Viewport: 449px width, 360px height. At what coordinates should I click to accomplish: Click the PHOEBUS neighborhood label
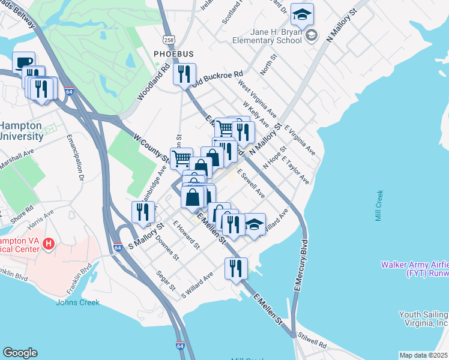[x=173, y=54]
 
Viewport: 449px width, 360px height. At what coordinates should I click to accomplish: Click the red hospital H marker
[x=50, y=244]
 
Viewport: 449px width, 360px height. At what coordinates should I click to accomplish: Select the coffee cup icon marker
[x=24, y=63]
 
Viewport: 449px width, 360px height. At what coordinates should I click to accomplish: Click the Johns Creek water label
[x=77, y=302]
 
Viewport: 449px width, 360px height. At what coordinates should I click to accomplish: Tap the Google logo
[x=20, y=353]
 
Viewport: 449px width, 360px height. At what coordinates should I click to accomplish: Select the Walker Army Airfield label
[x=415, y=269]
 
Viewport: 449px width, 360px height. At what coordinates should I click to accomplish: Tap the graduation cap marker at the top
[x=303, y=14]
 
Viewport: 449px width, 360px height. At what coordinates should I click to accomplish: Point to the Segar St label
[x=165, y=281]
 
